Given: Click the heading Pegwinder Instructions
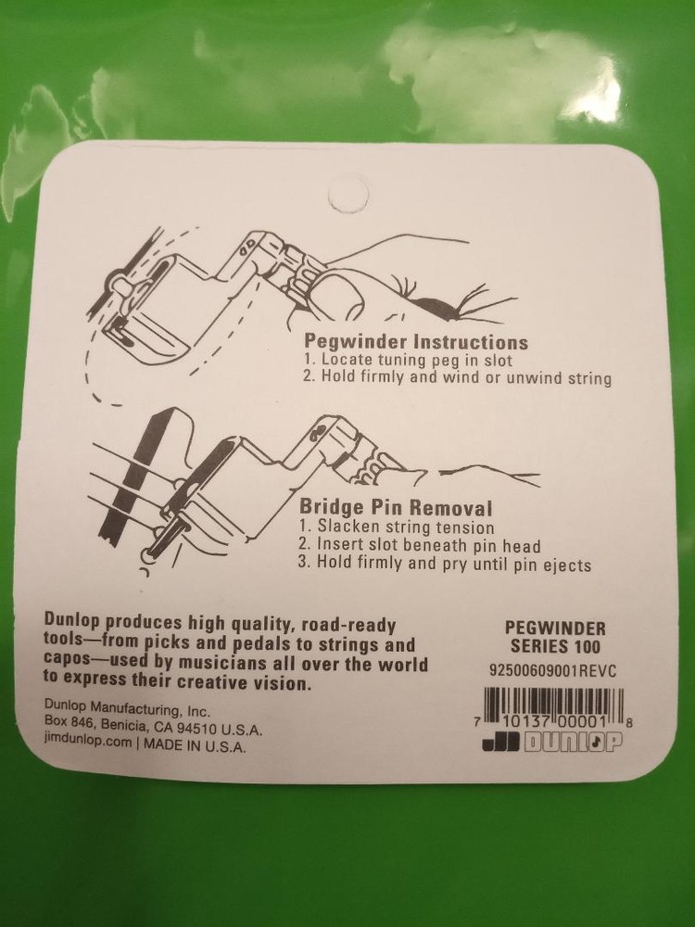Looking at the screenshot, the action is click(x=416, y=341).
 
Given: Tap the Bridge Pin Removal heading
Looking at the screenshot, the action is click(x=396, y=507).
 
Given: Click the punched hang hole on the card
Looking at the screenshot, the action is click(x=348, y=194).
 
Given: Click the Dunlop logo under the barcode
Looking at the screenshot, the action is click(x=552, y=743).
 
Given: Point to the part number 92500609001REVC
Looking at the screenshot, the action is click(x=552, y=671).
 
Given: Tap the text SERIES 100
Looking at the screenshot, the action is click(x=555, y=646).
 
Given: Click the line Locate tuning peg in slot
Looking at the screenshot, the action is click(x=408, y=360).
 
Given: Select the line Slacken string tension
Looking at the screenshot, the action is click(x=396, y=526).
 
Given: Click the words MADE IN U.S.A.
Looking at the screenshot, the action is click(x=195, y=745).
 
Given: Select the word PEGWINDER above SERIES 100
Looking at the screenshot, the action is click(x=555, y=628).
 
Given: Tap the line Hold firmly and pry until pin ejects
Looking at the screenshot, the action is click(x=445, y=564).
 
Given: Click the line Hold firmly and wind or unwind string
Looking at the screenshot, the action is click(x=458, y=377).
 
